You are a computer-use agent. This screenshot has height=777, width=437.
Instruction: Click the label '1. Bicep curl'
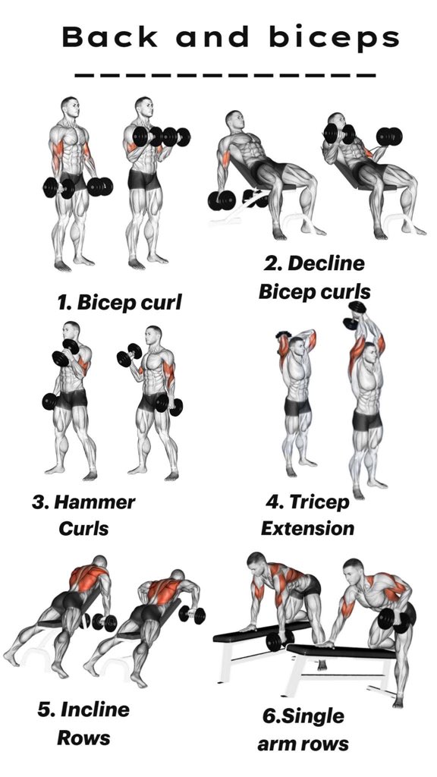(120, 302)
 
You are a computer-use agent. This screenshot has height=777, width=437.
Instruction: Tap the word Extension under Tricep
(307, 527)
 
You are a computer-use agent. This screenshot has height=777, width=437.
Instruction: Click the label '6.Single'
(303, 716)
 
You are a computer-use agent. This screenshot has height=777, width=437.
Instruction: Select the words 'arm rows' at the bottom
(303, 743)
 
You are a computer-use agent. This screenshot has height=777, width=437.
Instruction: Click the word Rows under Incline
(85, 737)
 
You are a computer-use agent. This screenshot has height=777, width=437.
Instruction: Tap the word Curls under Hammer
(83, 527)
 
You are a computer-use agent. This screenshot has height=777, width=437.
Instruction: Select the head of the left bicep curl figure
(70, 109)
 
